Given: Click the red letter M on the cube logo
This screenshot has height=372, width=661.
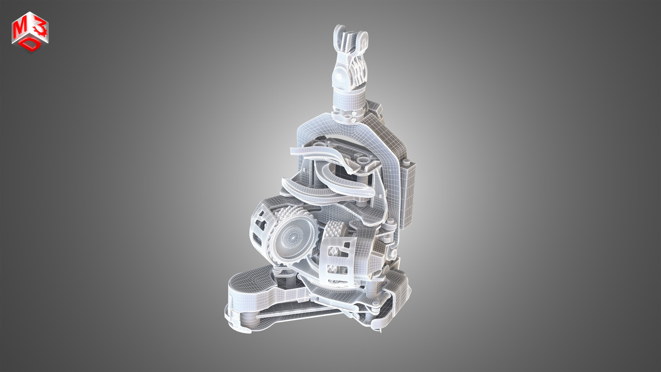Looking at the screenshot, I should pyautogui.click(x=19, y=30).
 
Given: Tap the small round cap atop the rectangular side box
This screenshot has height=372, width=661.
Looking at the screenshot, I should pyautogui.click(x=406, y=162).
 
